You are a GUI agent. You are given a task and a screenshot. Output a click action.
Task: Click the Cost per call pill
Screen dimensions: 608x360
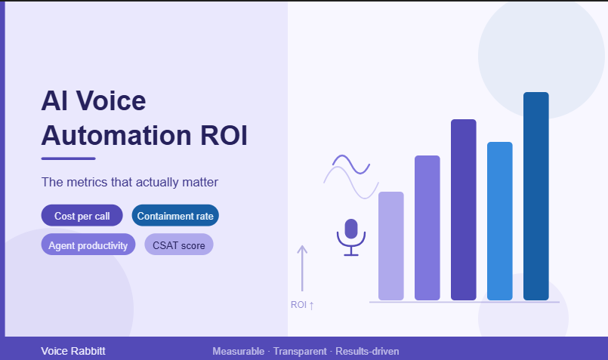(x=82, y=215)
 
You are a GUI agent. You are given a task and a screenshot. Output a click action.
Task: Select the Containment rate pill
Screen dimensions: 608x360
(x=175, y=215)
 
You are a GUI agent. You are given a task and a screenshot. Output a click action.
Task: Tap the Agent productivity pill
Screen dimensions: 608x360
(x=88, y=245)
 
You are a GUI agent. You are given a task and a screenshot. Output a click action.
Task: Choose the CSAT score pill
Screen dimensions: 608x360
(x=179, y=245)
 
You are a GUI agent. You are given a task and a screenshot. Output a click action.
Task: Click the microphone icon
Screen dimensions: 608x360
(x=351, y=237)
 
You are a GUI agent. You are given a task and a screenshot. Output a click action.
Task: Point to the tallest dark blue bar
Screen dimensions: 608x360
(x=536, y=196)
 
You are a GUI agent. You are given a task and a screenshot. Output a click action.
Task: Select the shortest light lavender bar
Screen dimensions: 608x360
(x=391, y=246)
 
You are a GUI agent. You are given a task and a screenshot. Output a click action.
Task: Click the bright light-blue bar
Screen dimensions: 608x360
(x=500, y=221)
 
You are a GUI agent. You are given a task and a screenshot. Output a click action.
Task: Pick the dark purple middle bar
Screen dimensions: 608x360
(x=464, y=210)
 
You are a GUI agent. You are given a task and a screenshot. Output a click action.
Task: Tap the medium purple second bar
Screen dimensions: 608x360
(x=427, y=228)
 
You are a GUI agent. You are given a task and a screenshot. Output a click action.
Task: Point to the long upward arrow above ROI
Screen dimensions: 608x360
(x=302, y=268)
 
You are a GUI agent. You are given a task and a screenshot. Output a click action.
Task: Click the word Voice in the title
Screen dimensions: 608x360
(x=111, y=100)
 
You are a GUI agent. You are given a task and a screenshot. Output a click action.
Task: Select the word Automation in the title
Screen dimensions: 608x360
(x=116, y=136)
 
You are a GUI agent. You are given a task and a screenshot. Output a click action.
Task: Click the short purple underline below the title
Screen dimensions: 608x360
(x=68, y=158)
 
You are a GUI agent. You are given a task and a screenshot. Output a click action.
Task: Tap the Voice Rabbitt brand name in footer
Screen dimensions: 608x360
(x=73, y=351)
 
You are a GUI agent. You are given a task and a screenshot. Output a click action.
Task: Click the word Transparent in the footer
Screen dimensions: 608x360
(x=300, y=351)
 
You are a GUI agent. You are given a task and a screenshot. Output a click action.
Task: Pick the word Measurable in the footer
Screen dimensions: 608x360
(x=239, y=351)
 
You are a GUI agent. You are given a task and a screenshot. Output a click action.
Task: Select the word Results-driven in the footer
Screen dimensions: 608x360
(x=367, y=351)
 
